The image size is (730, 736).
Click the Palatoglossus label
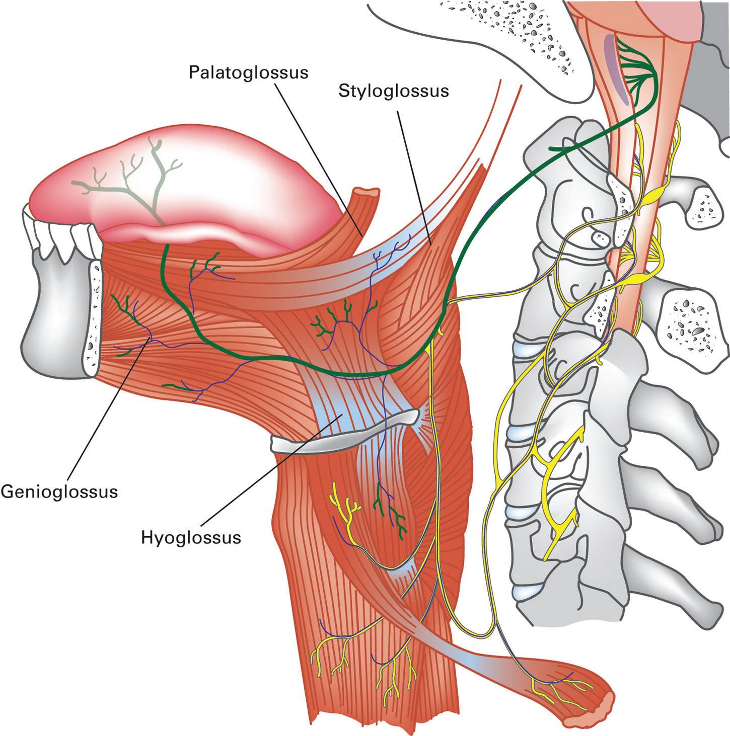(248, 72)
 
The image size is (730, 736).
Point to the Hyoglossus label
(190, 538)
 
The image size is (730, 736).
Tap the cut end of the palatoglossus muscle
(366, 193)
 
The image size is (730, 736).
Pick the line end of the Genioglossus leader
(150, 340)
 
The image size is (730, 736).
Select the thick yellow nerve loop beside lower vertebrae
(559, 498)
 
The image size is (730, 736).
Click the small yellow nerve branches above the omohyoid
(343, 508)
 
